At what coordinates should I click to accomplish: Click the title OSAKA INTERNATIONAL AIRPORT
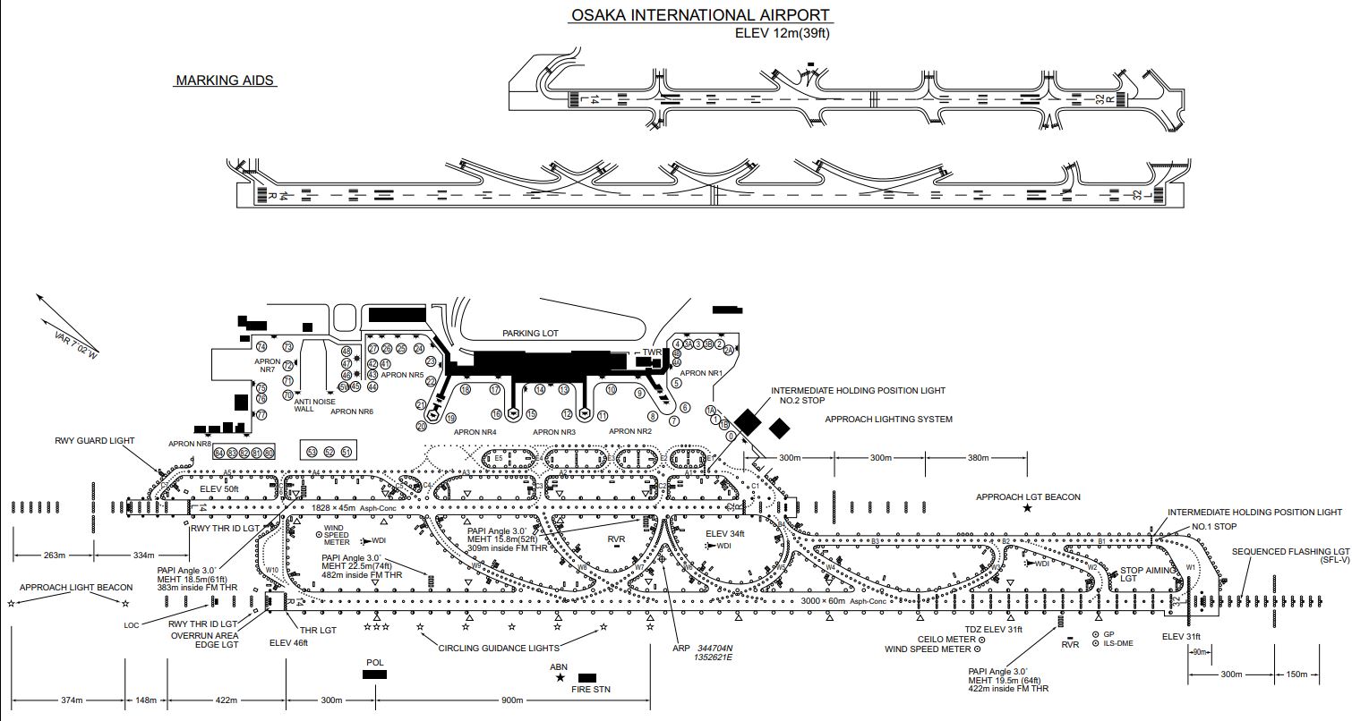coord(699,15)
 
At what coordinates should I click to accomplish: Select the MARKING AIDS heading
coord(225,81)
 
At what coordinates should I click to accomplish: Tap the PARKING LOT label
coord(530,333)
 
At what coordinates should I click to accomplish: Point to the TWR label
coord(652,352)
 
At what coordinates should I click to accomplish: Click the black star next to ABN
coord(560,678)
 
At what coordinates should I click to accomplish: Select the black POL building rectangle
coord(375,674)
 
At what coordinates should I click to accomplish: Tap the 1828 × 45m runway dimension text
coord(333,507)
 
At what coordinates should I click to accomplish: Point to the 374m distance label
coord(73,700)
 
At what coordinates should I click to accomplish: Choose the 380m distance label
coord(978,458)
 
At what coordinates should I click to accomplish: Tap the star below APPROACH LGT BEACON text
coord(1027,508)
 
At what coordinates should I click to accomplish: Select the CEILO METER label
coord(946,640)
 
